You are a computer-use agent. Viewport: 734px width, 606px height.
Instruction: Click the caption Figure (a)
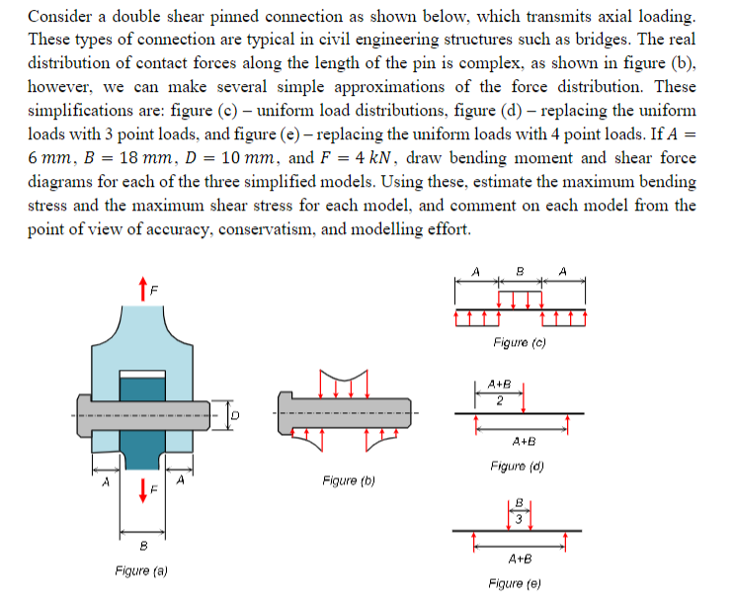coord(139,570)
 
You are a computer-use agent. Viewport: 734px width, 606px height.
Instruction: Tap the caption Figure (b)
coord(348,481)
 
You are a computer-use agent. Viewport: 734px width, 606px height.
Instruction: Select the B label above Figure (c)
coord(520,272)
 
